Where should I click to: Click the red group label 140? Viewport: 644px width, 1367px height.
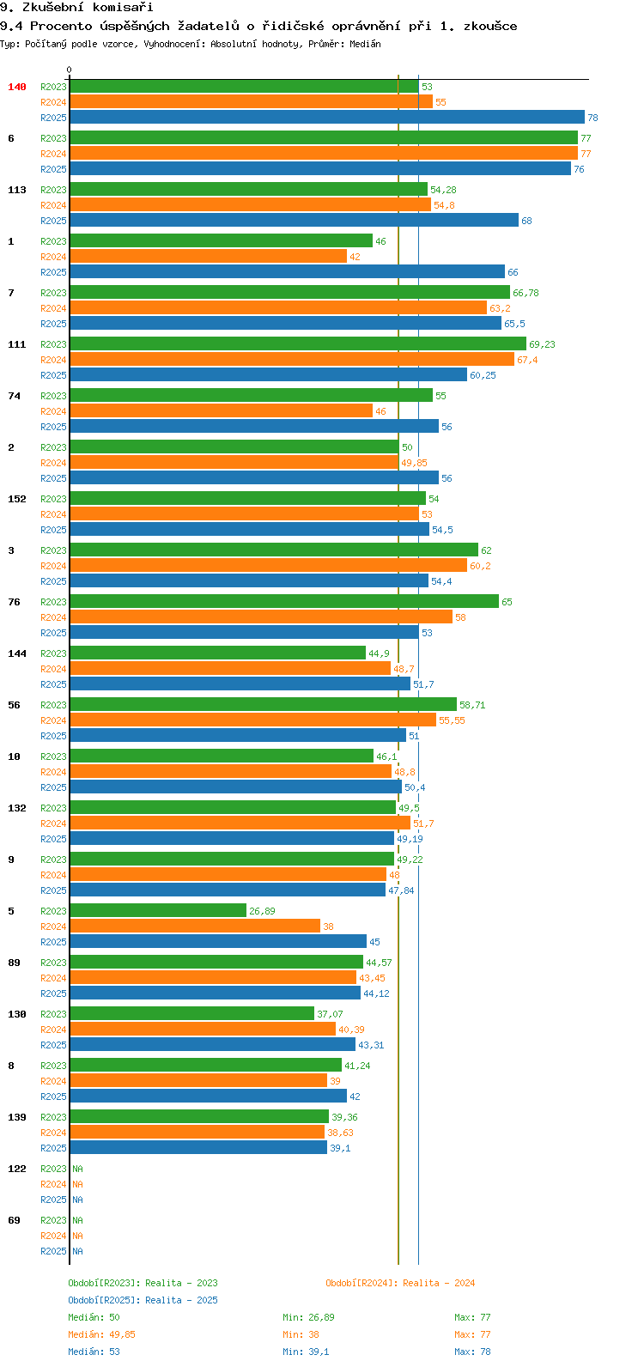pyautogui.click(x=17, y=87)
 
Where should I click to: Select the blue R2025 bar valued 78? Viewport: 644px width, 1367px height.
pyautogui.click(x=326, y=118)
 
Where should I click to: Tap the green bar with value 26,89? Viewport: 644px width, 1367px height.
pyautogui.click(x=158, y=911)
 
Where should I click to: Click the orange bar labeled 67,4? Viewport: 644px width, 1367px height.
pyautogui.click(x=292, y=360)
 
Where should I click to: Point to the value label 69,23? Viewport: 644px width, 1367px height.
pyautogui.click(x=542, y=344)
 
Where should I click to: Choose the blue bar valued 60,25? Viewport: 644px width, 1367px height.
pyautogui.click(x=268, y=375)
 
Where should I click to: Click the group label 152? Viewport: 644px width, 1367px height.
pyautogui.click(x=17, y=499)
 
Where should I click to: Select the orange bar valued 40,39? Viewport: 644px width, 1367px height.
pyautogui.click(x=203, y=1030)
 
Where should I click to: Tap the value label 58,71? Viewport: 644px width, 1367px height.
pyautogui.click(x=472, y=705)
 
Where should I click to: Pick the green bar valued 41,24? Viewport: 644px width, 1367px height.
pyautogui.click(x=206, y=1066)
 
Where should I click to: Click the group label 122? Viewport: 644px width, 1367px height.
pyautogui.click(x=17, y=1169)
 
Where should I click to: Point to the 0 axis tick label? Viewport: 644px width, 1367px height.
pyautogui.click(x=70, y=70)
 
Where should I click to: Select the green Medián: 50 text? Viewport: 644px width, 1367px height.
pyautogui.click(x=94, y=1317)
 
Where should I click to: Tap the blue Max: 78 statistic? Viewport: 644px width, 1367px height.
pyautogui.click(x=472, y=1352)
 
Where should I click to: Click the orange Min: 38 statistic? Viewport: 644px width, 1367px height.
pyautogui.click(x=301, y=1334)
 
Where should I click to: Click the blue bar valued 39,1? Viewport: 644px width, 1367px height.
pyautogui.click(x=198, y=1148)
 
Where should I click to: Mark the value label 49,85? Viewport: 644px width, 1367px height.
pyautogui.click(x=414, y=463)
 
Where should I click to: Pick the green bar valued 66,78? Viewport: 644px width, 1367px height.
pyautogui.click(x=290, y=293)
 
